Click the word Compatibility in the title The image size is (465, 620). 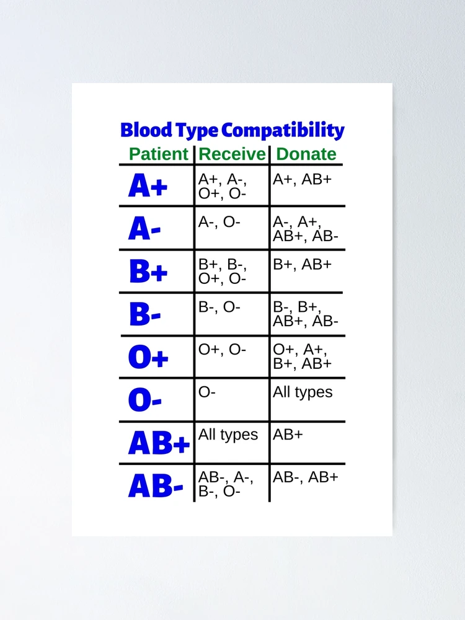pyautogui.click(x=283, y=131)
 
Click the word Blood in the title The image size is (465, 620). pyautogui.click(x=146, y=130)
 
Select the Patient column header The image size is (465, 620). pyautogui.click(x=159, y=154)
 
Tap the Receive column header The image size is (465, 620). pyautogui.click(x=232, y=154)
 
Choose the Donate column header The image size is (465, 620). pyautogui.click(x=306, y=154)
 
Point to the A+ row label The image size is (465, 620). pyautogui.click(x=148, y=185)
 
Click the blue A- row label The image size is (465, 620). pyautogui.click(x=144, y=229)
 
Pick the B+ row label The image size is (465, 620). pyautogui.click(x=148, y=271)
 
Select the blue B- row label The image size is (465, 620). pyautogui.click(x=144, y=314)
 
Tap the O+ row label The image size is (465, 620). pyautogui.click(x=148, y=357)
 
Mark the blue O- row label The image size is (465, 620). pyautogui.click(x=144, y=400)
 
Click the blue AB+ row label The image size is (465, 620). pyautogui.click(x=159, y=443)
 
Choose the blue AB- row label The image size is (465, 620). pyautogui.click(x=156, y=485)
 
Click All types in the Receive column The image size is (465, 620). pyautogui.click(x=228, y=435)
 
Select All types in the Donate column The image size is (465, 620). pyautogui.click(x=303, y=392)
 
